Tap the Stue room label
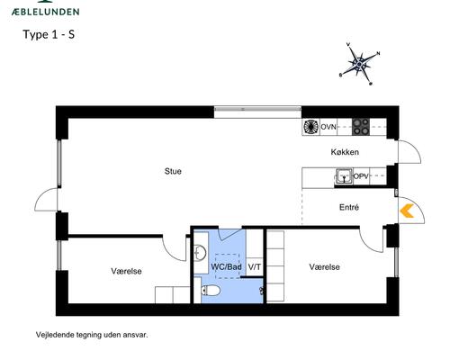pyautogui.click(x=172, y=171)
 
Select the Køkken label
pyautogui.click(x=346, y=152)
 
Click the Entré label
pyautogui.click(x=350, y=207)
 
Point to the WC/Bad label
pyautogui.click(x=226, y=267)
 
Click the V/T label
pyautogui.click(x=254, y=267)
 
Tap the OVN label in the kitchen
pyautogui.click(x=329, y=128)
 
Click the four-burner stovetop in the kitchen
pyautogui.click(x=360, y=127)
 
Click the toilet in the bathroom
pyautogui.click(x=213, y=292)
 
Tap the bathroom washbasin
pyautogui.click(x=200, y=251)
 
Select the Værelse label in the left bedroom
pyautogui.click(x=126, y=271)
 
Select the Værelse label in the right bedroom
pyautogui.click(x=324, y=267)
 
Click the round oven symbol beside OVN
pyautogui.click(x=311, y=127)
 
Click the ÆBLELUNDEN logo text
pyautogui.click(x=45, y=11)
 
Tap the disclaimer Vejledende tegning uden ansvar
pyautogui.click(x=91, y=334)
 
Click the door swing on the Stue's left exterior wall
pyautogui.click(x=44, y=204)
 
